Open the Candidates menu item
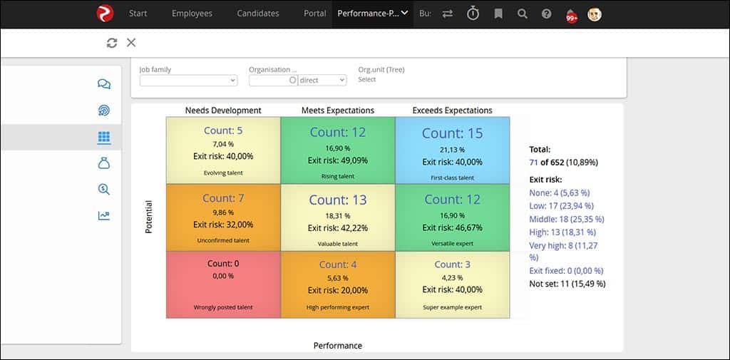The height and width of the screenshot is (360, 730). [258, 14]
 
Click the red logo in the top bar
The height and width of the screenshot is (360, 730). [105, 14]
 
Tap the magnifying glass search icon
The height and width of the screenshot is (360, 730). [523, 14]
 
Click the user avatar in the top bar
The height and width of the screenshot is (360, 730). [594, 14]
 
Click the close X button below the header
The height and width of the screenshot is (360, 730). [131, 43]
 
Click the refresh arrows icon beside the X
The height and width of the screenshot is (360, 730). [112, 43]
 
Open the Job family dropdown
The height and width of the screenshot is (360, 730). [188, 81]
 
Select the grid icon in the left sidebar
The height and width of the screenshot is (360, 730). [104, 137]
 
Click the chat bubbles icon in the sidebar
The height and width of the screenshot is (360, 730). [104, 84]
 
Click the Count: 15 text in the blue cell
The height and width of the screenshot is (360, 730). [452, 133]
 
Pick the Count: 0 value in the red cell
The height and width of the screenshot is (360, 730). [223, 263]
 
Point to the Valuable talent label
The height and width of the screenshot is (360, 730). [338, 243]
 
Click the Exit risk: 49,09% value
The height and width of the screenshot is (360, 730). [338, 160]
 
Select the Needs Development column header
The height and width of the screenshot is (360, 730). [223, 110]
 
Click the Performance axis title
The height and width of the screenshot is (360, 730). [338, 346]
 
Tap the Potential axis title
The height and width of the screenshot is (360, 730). [149, 217]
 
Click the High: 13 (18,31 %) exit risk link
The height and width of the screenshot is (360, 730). [562, 232]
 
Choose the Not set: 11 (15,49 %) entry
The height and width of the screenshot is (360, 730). [567, 284]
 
